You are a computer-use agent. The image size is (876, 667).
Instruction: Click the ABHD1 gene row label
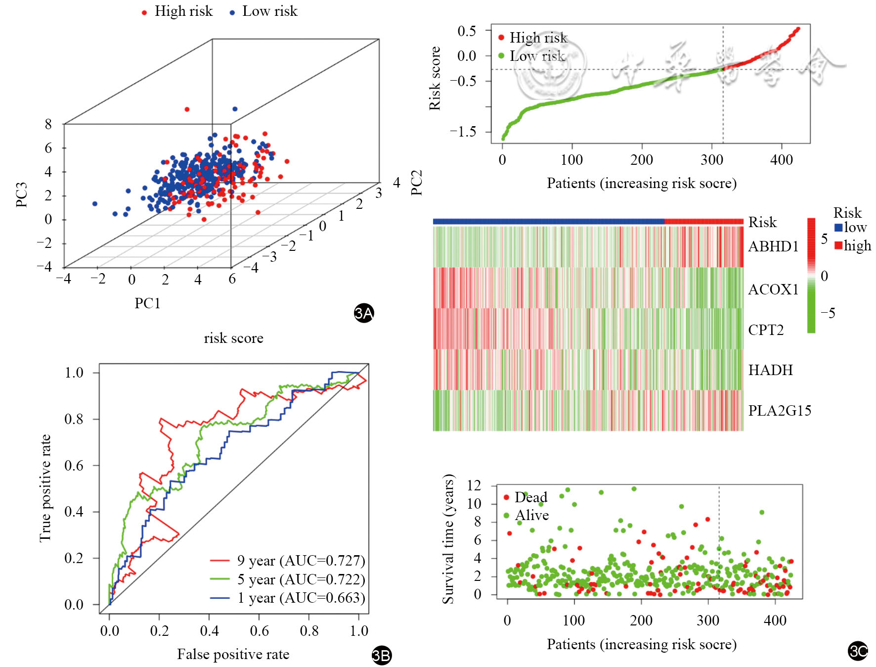pos(773,246)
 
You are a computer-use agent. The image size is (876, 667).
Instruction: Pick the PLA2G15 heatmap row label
pos(779,411)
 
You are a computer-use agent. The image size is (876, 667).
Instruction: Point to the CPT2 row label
pos(766,330)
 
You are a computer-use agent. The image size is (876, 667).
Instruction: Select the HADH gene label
pos(770,370)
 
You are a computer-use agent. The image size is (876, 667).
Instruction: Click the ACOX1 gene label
pos(773,289)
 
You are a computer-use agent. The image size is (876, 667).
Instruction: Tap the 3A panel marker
pos(364,313)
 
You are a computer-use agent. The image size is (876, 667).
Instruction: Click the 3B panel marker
pos(381,656)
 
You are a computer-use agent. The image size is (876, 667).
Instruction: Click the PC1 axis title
pos(147,303)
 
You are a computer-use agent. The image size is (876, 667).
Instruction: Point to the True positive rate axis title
pos(45,488)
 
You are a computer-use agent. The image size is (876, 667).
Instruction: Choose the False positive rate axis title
pos(233,655)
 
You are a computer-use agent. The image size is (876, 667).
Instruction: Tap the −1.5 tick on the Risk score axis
pos(463,132)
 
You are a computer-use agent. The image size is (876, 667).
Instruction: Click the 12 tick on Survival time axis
pos(474,485)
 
